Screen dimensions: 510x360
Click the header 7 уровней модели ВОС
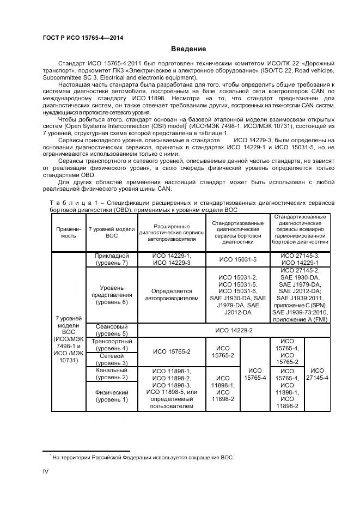(x=111, y=233)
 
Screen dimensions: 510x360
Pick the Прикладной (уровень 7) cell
(x=111, y=259)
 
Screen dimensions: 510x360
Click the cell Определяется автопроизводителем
(x=172, y=295)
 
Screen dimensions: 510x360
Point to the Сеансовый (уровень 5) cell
(x=111, y=330)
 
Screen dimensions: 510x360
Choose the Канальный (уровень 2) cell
(x=111, y=374)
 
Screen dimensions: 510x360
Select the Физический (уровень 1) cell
(x=111, y=396)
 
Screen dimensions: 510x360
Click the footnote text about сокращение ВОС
(x=143, y=457)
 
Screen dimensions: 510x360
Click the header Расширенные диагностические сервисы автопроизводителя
(x=172, y=233)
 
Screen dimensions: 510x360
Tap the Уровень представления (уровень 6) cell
(x=111, y=295)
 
